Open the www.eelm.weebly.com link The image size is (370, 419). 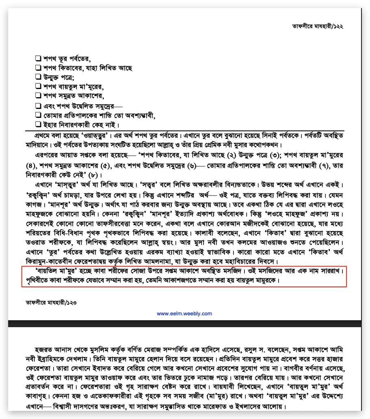184,314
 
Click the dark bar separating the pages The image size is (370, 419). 184,323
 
